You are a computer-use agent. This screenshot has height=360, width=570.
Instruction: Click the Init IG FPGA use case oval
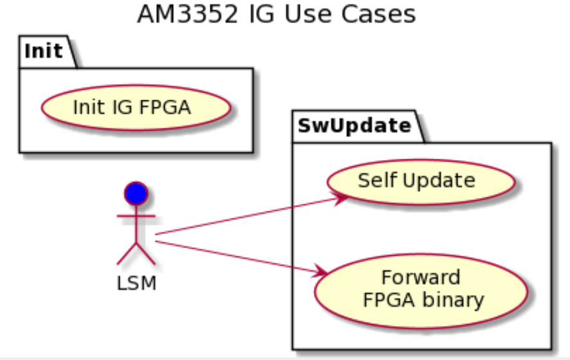point(136,107)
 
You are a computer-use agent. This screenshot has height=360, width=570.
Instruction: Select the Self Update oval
point(421,181)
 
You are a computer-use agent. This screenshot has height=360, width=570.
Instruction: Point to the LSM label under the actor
point(136,283)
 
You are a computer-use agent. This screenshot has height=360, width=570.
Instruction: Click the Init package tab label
point(44,51)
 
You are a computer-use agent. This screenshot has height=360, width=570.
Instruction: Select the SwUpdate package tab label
point(354,125)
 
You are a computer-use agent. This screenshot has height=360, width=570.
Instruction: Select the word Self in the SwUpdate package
point(377,181)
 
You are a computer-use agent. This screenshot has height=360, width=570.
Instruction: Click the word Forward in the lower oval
point(421,278)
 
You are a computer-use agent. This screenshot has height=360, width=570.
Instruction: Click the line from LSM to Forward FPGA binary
point(238,257)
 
